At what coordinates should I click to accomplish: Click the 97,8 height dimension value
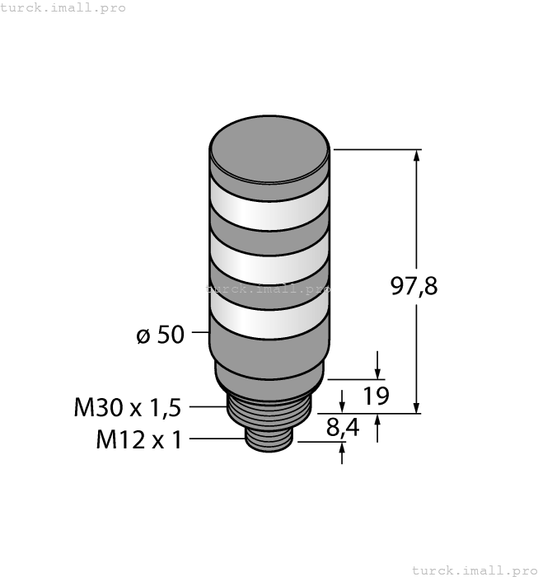pos(413,287)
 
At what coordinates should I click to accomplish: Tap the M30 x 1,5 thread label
pos(127,407)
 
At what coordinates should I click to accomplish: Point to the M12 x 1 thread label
pos(138,439)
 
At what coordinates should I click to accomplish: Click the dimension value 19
pos(376,396)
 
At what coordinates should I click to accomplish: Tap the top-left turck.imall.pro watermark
pos(63,7)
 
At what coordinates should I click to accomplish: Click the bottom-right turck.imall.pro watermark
pos(473,570)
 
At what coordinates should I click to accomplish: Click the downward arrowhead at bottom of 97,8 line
pos(418,406)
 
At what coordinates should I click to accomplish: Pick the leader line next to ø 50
pos(200,333)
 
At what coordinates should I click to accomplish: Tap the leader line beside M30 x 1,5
pos(207,406)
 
